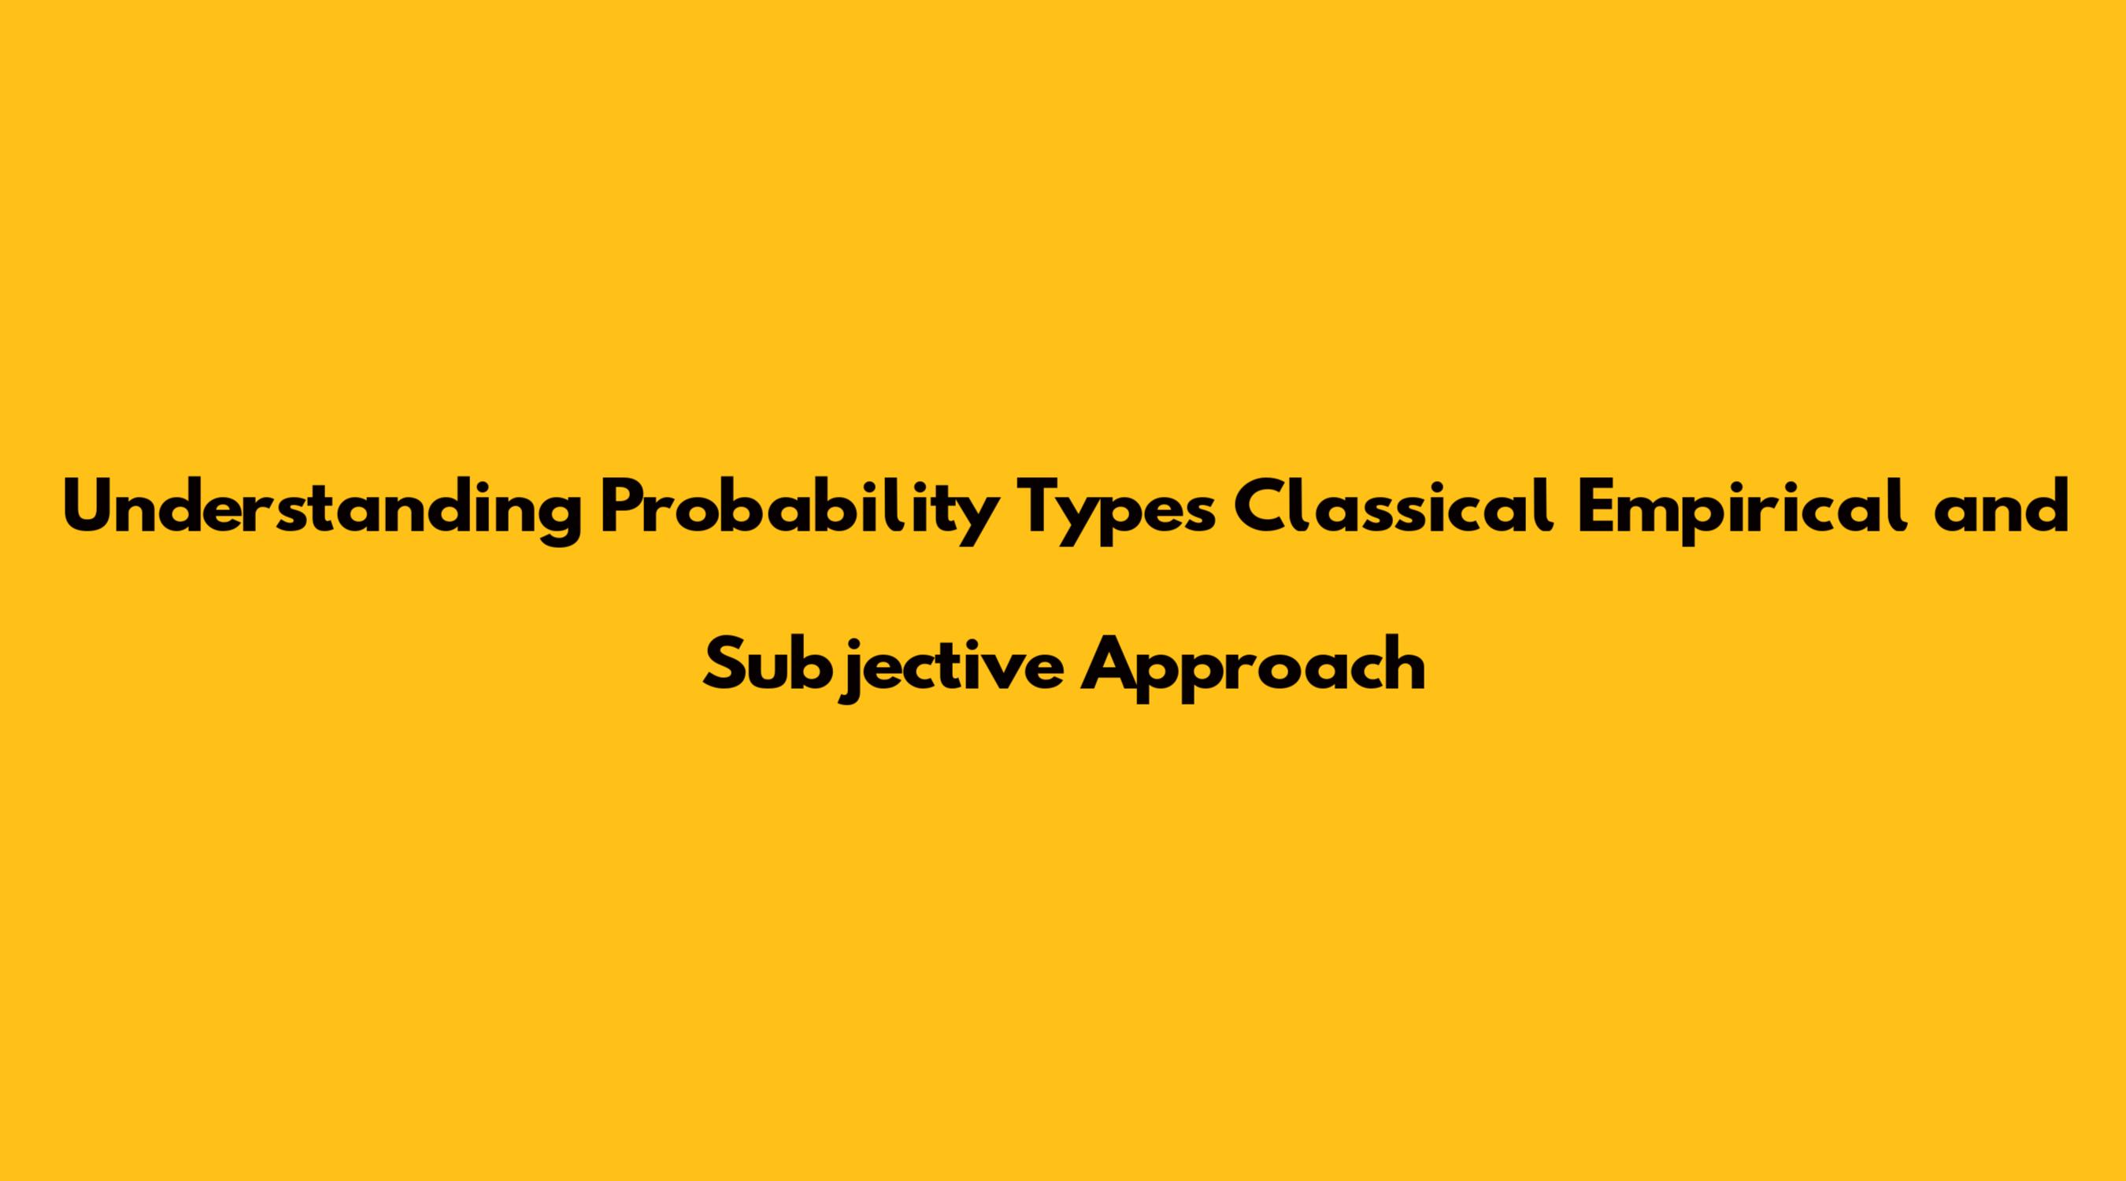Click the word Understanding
click(322, 513)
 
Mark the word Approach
click(1254, 668)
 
